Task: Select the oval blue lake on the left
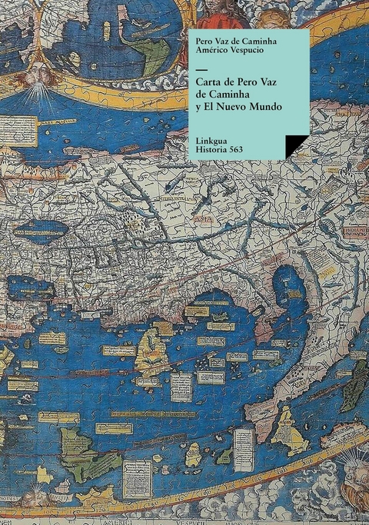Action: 39,228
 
